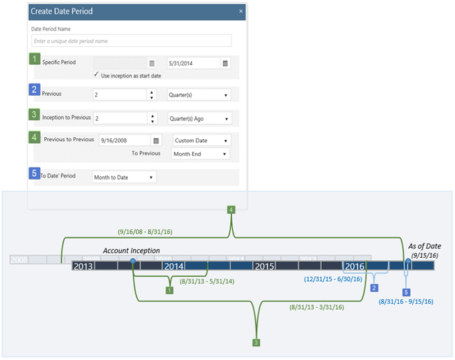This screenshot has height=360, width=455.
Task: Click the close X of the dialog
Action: tap(241, 11)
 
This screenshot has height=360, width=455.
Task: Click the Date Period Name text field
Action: tap(131, 41)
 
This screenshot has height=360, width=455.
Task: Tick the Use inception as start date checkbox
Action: tap(97, 75)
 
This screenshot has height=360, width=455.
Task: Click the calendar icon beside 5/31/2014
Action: tap(225, 63)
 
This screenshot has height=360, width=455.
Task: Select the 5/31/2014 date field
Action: tap(193, 63)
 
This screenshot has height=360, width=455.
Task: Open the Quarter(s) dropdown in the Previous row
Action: tap(199, 95)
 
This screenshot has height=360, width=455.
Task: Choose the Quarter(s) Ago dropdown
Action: tap(199, 118)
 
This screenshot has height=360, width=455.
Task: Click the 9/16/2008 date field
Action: tap(124, 141)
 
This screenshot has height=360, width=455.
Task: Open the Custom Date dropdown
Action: tap(201, 141)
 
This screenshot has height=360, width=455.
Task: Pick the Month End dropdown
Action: tap(201, 153)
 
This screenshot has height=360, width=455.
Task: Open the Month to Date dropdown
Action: tap(124, 177)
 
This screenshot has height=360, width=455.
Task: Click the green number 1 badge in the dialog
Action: tap(35, 60)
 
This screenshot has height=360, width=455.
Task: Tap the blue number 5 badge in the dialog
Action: tap(35, 173)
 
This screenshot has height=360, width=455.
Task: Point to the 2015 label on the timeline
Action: tap(264, 266)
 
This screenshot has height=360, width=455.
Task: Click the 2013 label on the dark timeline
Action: tap(83, 266)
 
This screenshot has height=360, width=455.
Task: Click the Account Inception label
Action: tap(131, 250)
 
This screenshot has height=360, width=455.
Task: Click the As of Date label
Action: tap(426, 246)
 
